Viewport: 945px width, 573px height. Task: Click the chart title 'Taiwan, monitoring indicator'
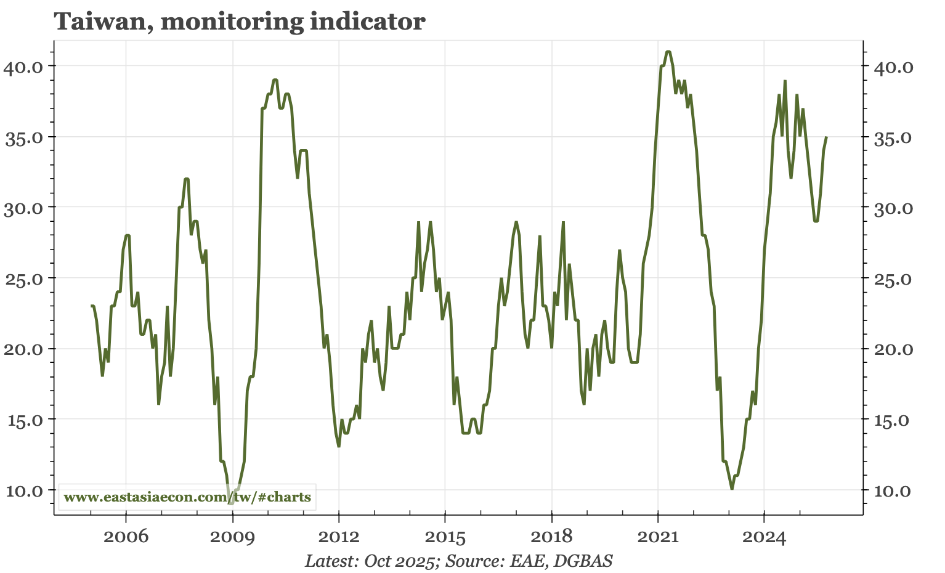tap(240, 22)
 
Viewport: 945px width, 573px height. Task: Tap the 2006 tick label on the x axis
tap(126, 537)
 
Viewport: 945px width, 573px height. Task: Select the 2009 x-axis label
tap(232, 537)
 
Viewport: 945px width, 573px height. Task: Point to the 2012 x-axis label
tap(339, 537)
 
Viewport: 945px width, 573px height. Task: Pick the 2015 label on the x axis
tap(445, 537)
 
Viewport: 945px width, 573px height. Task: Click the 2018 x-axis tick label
tap(551, 537)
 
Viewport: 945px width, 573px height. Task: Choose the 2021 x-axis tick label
tap(658, 537)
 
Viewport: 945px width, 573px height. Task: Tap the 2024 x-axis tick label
tap(764, 537)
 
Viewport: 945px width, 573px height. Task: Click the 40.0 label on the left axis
tap(23, 67)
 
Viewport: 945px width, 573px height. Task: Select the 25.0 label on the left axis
tap(23, 278)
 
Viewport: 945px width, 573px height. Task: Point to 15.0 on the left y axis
tap(23, 420)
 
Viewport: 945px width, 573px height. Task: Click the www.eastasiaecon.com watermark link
tap(187, 497)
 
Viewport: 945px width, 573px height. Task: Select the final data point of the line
tap(826, 137)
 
